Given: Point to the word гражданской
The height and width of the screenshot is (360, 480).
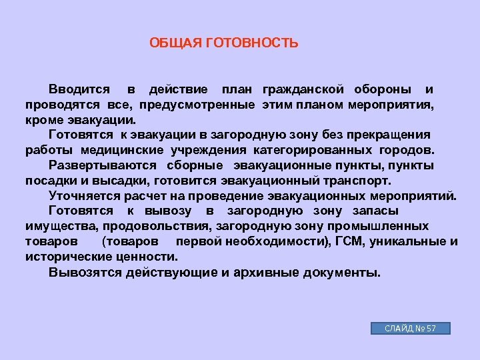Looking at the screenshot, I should point(303,89).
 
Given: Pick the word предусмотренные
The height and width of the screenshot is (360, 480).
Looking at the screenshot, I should point(198,105).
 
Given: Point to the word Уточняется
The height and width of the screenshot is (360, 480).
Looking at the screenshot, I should point(86,195).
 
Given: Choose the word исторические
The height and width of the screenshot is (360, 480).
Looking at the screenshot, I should point(65,257).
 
